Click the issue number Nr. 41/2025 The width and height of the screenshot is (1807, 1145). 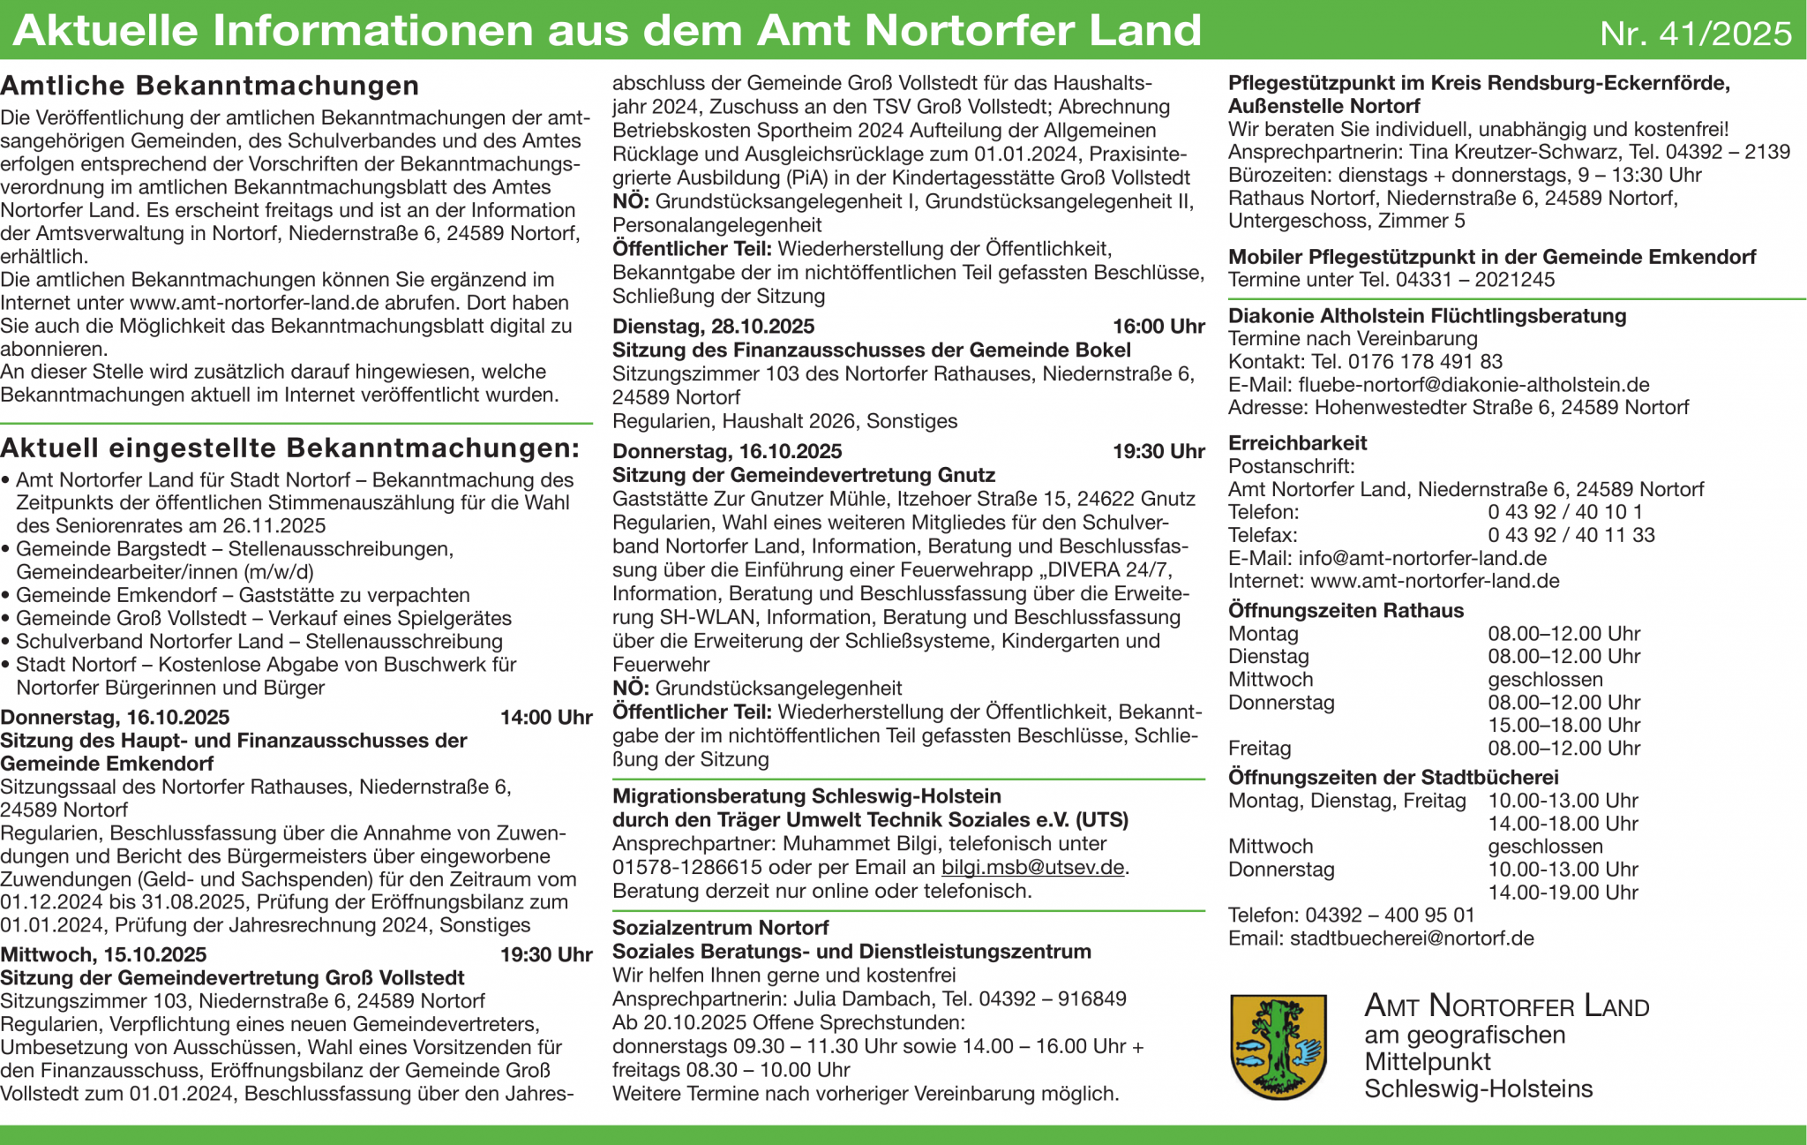(x=1695, y=34)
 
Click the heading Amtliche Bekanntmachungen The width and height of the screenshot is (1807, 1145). (x=210, y=86)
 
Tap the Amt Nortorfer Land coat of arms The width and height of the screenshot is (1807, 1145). (x=1278, y=1046)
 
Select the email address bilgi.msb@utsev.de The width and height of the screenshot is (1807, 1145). (x=1032, y=867)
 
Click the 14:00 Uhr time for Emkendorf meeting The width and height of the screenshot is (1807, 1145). (x=545, y=717)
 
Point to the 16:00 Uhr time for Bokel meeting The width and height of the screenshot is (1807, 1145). (x=1158, y=327)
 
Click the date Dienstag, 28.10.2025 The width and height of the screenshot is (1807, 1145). (x=713, y=327)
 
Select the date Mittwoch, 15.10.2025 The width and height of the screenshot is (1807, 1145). (x=103, y=954)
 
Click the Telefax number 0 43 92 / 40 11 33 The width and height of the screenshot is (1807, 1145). (x=1571, y=535)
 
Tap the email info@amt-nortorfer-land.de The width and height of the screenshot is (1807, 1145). (x=1422, y=558)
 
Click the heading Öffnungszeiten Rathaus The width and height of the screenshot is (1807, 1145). (x=1346, y=610)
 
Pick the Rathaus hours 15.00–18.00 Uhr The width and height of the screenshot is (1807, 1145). (x=1563, y=725)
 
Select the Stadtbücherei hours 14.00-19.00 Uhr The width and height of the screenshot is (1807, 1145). (x=1563, y=892)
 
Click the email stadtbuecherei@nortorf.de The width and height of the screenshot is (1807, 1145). (x=1412, y=938)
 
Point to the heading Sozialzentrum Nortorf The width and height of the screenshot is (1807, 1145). (x=720, y=928)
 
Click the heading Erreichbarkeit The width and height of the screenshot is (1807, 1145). (x=1297, y=443)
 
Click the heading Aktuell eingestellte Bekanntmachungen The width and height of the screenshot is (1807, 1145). (x=289, y=448)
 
